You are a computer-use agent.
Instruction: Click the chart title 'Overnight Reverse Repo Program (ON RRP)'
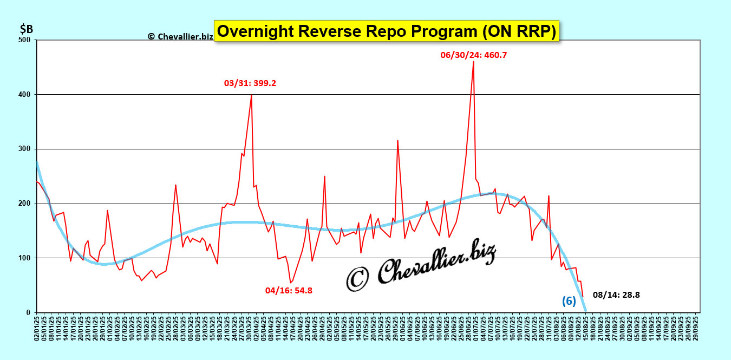pos(386,32)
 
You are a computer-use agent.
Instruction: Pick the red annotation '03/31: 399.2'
pos(250,83)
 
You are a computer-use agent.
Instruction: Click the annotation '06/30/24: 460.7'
pos(474,55)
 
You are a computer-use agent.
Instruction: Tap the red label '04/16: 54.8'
pos(289,290)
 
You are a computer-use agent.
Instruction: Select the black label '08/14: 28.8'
pos(616,295)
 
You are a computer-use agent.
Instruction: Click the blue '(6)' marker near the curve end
pos(569,302)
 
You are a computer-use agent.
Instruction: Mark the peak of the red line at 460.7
pos(473,62)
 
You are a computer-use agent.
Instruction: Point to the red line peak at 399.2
pos(251,95)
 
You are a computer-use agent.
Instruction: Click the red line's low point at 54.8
pos(290,283)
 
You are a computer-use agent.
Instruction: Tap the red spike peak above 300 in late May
pos(397,141)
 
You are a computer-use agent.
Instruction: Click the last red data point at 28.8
pos(583,297)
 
